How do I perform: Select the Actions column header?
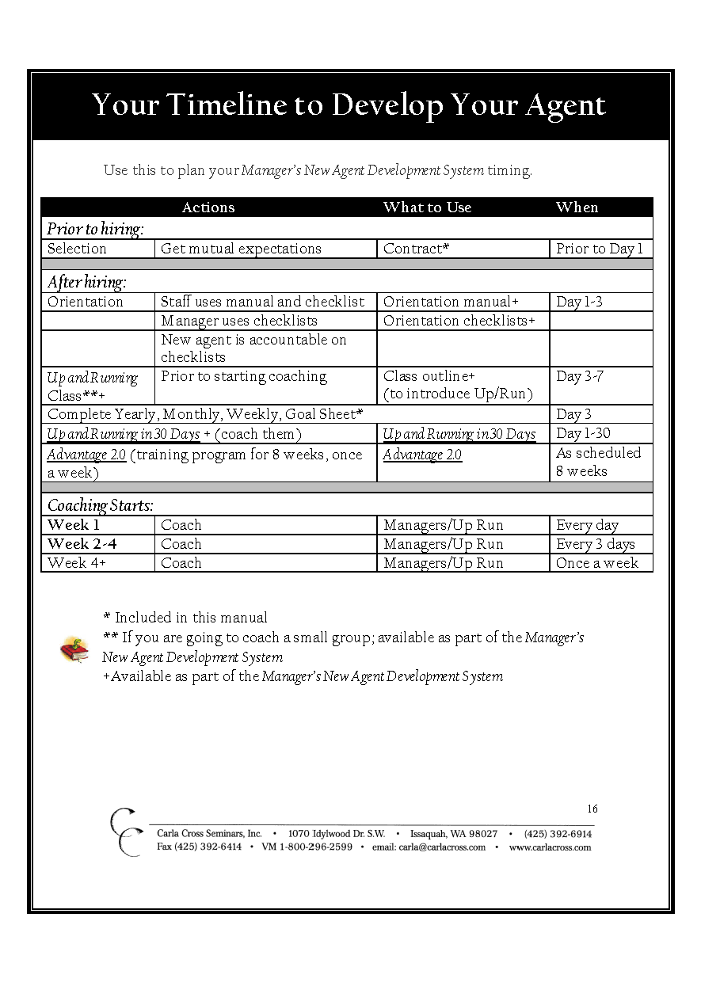click(x=208, y=207)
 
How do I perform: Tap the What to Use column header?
click(x=427, y=207)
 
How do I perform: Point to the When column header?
click(x=577, y=207)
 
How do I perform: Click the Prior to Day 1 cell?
click(x=600, y=249)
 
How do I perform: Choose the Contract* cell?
click(x=417, y=249)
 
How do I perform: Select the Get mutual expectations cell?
click(x=241, y=249)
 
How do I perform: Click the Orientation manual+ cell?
click(x=451, y=302)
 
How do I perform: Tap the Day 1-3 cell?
click(x=579, y=302)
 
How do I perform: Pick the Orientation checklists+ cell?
click(x=459, y=321)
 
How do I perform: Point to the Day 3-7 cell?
click(x=580, y=376)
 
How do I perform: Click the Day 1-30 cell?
click(x=584, y=433)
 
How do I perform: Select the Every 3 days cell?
click(x=596, y=544)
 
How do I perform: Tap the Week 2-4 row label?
click(x=82, y=544)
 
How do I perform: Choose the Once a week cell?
click(x=597, y=563)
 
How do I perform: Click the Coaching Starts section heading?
click(x=101, y=505)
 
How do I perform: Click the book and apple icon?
click(x=75, y=649)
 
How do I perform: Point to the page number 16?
click(x=592, y=809)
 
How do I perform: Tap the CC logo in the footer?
click(x=125, y=832)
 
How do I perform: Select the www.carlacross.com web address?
click(x=550, y=847)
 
